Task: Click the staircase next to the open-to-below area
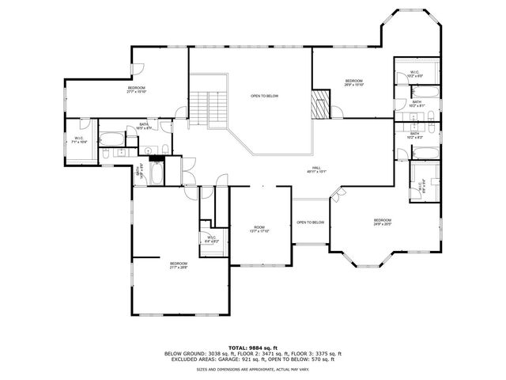point(208,108)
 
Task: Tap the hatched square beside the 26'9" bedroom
point(319,104)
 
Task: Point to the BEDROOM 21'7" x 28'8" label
point(178,265)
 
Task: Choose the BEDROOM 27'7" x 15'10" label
point(137,89)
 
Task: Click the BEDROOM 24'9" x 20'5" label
point(383,222)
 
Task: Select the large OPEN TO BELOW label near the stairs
point(264,96)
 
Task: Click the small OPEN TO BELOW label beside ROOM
point(311,222)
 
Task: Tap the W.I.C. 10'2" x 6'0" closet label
point(414,74)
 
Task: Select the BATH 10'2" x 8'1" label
point(417,103)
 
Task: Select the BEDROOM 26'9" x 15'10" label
point(353,83)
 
